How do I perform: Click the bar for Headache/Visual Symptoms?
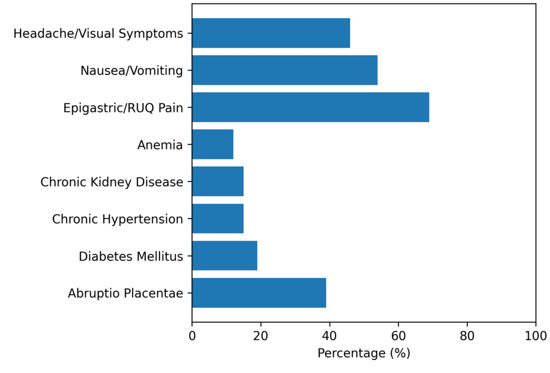point(271,33)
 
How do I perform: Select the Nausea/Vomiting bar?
point(284,70)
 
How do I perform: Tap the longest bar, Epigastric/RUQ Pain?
point(310,107)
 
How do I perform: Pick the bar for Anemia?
point(213,144)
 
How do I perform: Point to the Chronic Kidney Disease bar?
point(218,181)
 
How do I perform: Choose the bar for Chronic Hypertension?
point(218,219)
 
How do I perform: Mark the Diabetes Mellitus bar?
point(224,255)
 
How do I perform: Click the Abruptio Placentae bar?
point(259,293)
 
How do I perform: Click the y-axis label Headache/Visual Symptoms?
point(98,33)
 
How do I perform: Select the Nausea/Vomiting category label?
point(132,71)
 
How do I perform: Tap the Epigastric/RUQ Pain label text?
point(123,108)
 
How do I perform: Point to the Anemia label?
point(160,145)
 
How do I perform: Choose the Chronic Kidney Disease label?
point(112,182)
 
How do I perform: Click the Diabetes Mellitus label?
point(131,256)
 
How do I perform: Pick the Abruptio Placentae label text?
point(126,293)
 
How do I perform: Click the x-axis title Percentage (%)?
point(364,353)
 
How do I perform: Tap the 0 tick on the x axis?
point(192,336)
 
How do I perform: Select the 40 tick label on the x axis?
point(329,336)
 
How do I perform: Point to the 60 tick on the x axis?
point(398,336)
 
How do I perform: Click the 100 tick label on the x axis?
point(535,336)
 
